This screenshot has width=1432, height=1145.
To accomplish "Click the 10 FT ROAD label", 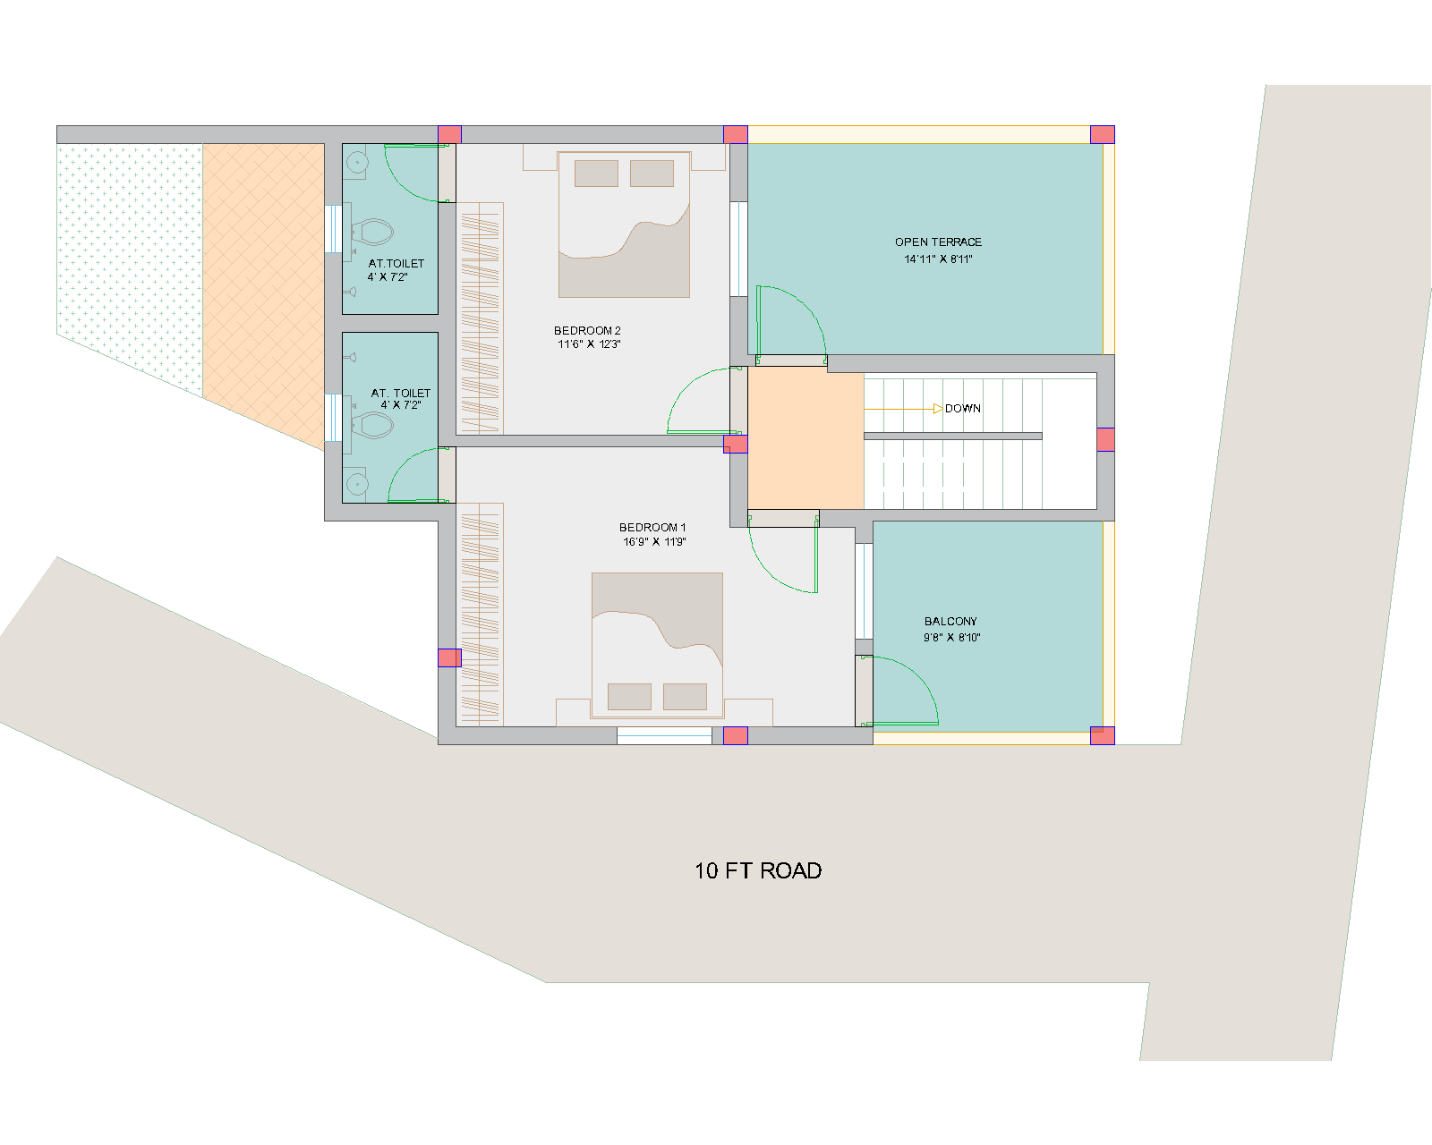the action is pyautogui.click(x=758, y=871).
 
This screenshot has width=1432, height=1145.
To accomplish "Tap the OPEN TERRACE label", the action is pyautogui.click(x=938, y=242).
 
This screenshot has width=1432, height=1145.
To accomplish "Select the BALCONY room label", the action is pyautogui.click(x=950, y=622).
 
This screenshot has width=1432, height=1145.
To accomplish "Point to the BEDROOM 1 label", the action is pyautogui.click(x=652, y=528).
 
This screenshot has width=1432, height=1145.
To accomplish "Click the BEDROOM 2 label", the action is pyautogui.click(x=587, y=331).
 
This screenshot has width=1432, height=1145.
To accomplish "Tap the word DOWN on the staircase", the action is pyautogui.click(x=962, y=409).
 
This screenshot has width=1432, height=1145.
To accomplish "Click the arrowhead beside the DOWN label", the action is pyautogui.click(x=938, y=409).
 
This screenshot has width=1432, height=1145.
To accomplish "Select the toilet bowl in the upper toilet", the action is pyautogui.click(x=372, y=233).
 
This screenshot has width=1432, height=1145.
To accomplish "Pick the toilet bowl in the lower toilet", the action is pyautogui.click(x=372, y=425).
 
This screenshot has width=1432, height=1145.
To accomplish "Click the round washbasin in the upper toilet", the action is pyautogui.click(x=357, y=162).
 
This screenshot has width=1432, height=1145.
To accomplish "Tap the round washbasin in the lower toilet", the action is pyautogui.click(x=357, y=484).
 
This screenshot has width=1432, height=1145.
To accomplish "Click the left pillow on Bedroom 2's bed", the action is pyautogui.click(x=596, y=173).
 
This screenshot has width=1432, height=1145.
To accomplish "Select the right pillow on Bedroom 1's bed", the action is pyautogui.click(x=685, y=697).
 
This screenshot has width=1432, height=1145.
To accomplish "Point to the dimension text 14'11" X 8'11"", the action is pyautogui.click(x=938, y=259).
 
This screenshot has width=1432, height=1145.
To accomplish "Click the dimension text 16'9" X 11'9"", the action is pyautogui.click(x=654, y=542).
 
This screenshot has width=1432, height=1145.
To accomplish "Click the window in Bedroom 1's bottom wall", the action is pyautogui.click(x=664, y=736).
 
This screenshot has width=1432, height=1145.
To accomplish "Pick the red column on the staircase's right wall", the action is pyautogui.click(x=1105, y=440).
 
